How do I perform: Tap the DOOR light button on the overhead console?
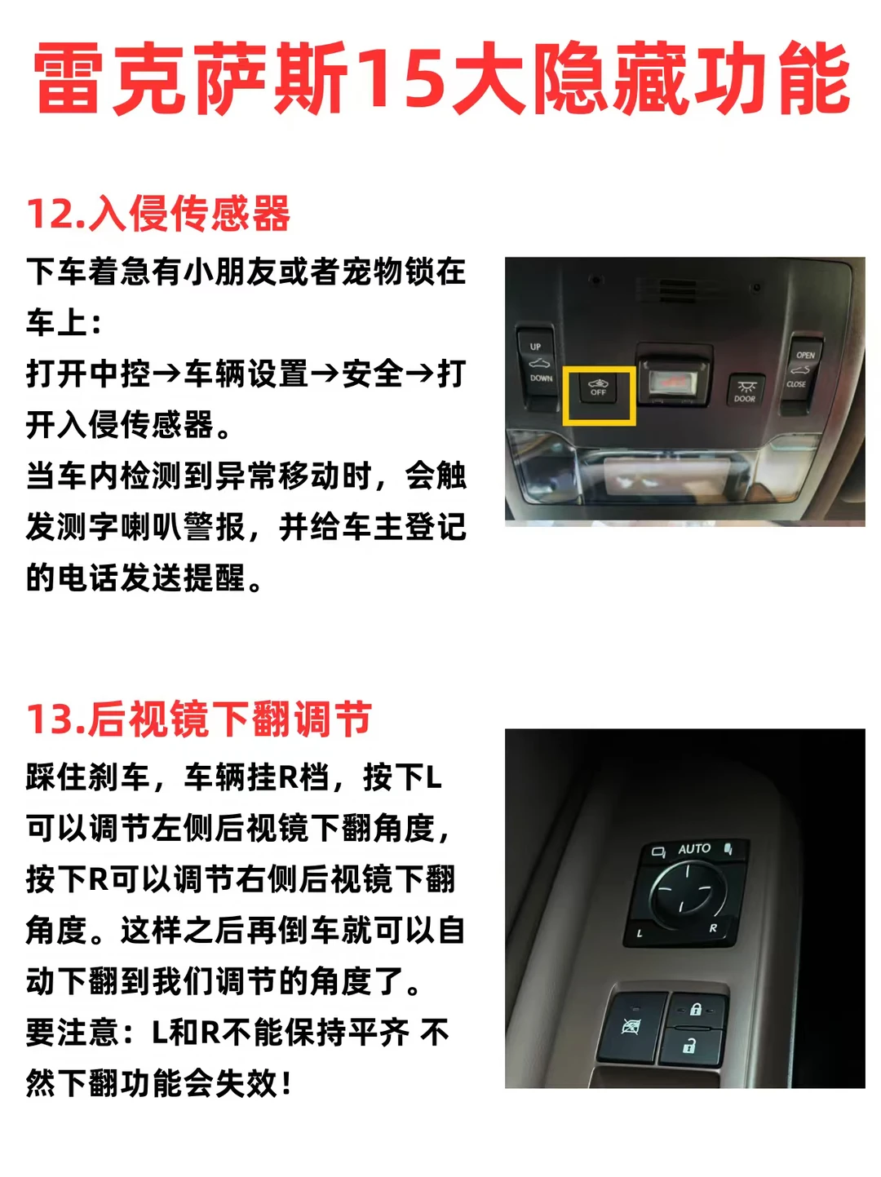[x=745, y=389]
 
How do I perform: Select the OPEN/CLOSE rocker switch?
[x=803, y=374]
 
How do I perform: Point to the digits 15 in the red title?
[x=400, y=77]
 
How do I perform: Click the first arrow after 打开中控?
[x=166, y=374]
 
